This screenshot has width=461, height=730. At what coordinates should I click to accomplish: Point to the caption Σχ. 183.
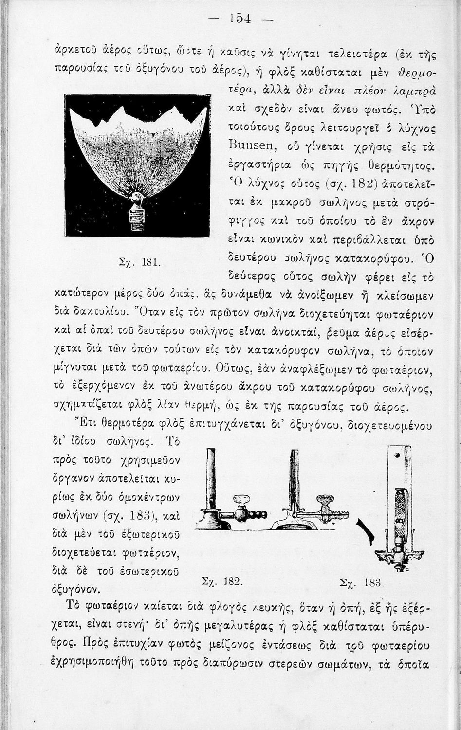[x=363, y=582]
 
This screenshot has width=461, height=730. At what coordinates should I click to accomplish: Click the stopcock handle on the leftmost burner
[x=241, y=501]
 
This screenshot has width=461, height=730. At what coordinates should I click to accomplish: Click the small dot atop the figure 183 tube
[x=396, y=456]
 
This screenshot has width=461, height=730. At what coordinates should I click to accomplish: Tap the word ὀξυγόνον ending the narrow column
[x=75, y=590]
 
